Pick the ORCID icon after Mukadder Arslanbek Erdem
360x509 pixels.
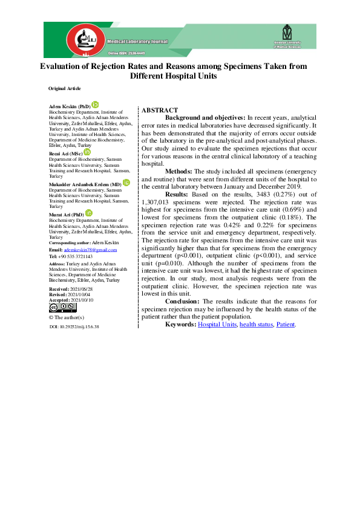coord(126,182)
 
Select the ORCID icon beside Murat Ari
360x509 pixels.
coord(88,213)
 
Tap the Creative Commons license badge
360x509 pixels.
coord(62,308)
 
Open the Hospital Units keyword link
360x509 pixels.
coord(217,325)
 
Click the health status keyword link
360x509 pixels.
coord(256,325)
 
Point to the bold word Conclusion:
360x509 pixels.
coord(183,301)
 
